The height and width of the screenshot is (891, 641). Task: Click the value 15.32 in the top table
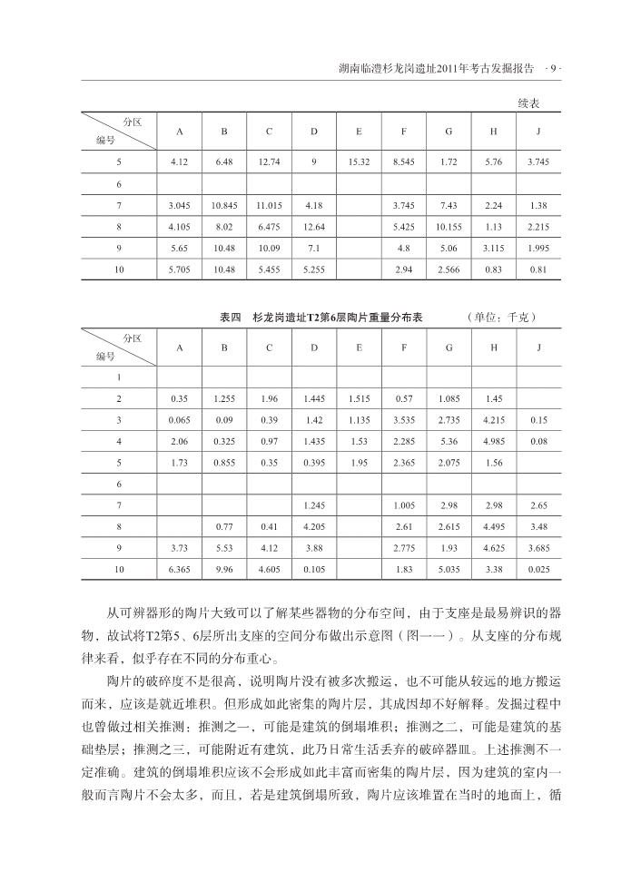(359, 161)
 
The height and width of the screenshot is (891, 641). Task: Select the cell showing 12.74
(269, 161)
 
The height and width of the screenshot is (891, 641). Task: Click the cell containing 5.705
(179, 269)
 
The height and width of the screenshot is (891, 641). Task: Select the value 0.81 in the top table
(537, 269)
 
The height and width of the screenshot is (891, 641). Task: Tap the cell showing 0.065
(179, 420)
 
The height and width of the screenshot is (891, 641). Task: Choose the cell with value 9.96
(223, 569)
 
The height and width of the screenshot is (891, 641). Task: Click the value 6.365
(179, 569)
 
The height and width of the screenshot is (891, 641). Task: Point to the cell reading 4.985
(493, 441)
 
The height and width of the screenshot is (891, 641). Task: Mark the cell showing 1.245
(313, 504)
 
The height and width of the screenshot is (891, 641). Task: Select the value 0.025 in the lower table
(537, 569)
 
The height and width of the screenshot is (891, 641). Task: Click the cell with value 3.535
(403, 420)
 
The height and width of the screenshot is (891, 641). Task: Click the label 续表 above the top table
(532, 103)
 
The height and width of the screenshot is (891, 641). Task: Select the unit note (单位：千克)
(502, 318)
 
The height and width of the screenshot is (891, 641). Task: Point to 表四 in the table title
(231, 318)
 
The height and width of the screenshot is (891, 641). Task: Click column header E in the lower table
(359, 347)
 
